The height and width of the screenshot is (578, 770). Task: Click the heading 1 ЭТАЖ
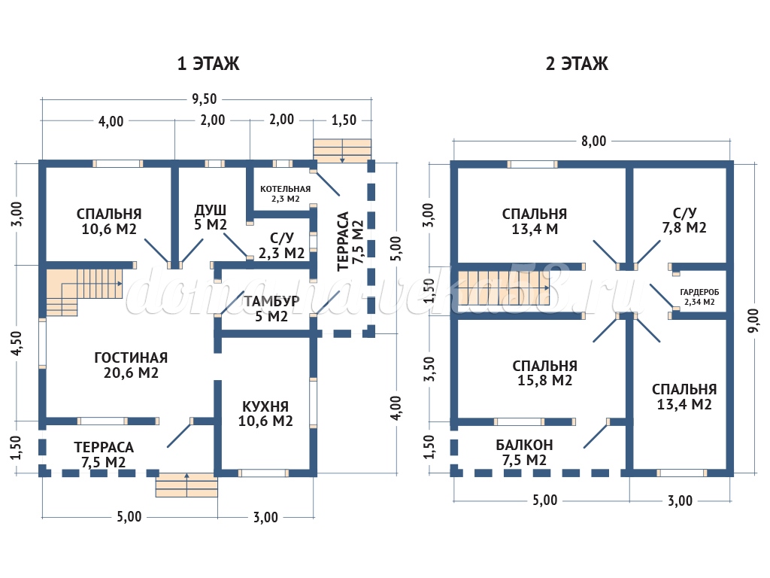point(208,64)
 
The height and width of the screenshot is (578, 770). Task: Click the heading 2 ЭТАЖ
point(577,64)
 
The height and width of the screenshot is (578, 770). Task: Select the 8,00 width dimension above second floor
point(593,140)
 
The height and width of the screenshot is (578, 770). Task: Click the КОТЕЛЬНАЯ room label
point(285,193)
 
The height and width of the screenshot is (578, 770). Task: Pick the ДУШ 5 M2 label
point(211,217)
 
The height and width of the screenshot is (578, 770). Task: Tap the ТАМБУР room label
point(271,309)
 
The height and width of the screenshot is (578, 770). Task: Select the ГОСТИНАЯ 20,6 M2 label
point(131,364)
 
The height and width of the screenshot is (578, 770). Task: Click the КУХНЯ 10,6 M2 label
point(265,412)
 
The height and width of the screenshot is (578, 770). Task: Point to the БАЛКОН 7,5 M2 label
point(524,452)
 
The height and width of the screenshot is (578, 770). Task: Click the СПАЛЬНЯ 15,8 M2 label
point(544,373)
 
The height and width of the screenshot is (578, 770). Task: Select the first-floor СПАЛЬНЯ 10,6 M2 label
point(109,221)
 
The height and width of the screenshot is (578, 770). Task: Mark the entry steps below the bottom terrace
point(186,485)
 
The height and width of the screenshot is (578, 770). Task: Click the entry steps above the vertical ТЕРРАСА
point(342,149)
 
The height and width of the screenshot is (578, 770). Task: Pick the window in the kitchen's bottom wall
point(263,473)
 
